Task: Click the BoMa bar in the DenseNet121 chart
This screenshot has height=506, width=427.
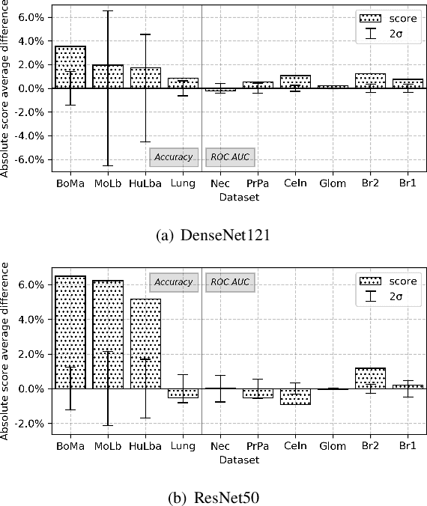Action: click(x=70, y=67)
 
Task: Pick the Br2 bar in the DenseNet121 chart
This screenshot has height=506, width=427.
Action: click(x=371, y=81)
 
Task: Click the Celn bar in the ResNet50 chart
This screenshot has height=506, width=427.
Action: click(x=296, y=397)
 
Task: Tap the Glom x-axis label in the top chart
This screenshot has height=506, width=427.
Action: click(x=333, y=183)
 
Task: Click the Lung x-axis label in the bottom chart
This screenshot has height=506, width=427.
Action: click(x=183, y=446)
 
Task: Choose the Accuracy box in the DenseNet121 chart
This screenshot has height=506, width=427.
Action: click(x=174, y=157)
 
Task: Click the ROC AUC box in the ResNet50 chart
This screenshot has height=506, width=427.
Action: click(x=230, y=282)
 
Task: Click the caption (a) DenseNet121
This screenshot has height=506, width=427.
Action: click(x=213, y=235)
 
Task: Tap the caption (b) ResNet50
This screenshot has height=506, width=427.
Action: click(x=213, y=497)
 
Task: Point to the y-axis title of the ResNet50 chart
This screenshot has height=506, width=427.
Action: click(x=7, y=350)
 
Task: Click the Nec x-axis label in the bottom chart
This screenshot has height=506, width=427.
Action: click(x=220, y=446)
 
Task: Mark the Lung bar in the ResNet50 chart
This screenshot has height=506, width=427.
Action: click(x=183, y=393)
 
